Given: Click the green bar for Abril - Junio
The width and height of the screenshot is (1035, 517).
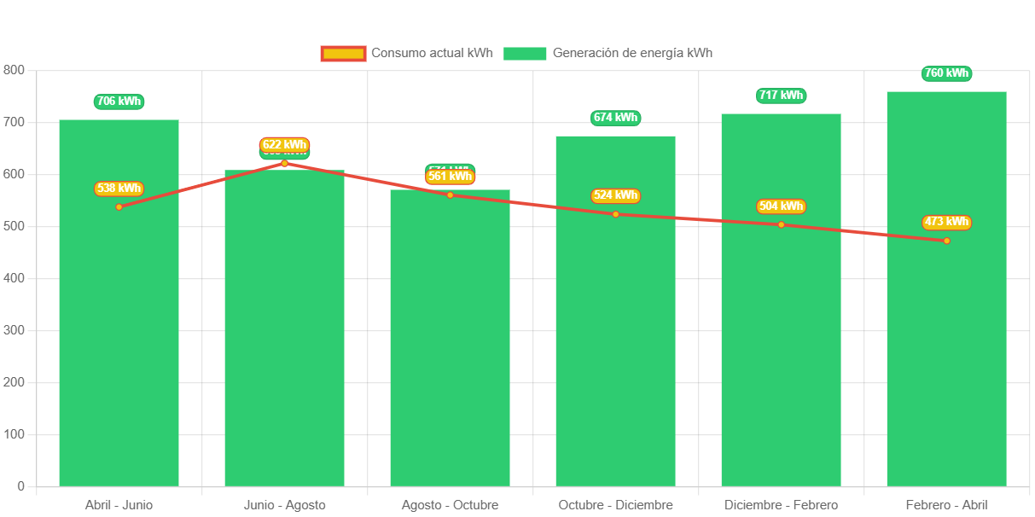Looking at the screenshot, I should coord(119,341).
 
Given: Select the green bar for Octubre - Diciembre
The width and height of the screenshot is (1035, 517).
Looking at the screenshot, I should coord(615,341).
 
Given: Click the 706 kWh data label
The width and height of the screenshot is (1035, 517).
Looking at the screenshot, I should coord(119,102).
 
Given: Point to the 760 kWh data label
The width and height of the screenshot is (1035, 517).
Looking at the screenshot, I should coord(946,73).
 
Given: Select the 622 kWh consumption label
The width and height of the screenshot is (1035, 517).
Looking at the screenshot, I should coord(284,145).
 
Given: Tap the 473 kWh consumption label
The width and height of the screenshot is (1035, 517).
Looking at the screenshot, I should coord(946,222).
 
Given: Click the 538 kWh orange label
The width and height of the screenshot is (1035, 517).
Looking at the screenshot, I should coord(119,189).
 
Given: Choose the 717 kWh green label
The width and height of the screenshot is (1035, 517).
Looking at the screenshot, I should coord(781,96).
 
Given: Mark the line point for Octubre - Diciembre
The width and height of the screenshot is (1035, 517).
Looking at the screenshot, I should coord(615,214).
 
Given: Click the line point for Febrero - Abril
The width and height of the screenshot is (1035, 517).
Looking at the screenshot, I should coord(946,241).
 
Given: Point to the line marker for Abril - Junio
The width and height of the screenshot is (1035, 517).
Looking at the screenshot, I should coord(119,207).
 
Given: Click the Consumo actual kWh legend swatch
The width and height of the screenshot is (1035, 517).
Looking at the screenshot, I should coord(343,53).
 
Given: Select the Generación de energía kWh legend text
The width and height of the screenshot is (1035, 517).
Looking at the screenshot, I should coord(632,53).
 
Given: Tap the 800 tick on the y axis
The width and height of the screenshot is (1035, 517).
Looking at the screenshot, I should coord(14,70).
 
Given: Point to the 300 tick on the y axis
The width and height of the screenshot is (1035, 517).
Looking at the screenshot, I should coord(14,330).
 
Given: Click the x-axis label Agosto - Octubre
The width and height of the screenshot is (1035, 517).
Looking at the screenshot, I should coord(450,505).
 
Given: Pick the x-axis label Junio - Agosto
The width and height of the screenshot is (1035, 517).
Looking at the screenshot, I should coord(284,505).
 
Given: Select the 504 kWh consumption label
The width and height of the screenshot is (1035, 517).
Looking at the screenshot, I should coord(781,206).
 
